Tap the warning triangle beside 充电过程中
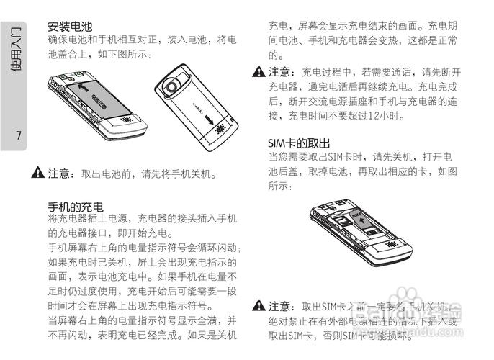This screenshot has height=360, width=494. click(x=259, y=72)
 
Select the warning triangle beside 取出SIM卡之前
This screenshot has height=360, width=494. click(x=259, y=307)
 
